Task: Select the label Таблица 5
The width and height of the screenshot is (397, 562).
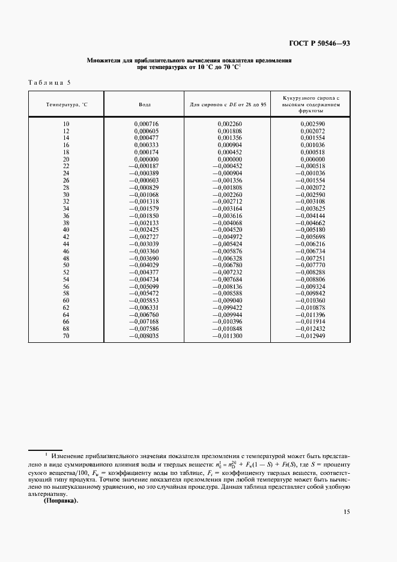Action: point(50,82)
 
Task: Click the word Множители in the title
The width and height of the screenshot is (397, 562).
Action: point(106,61)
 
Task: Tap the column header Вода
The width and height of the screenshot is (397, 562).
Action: point(145,104)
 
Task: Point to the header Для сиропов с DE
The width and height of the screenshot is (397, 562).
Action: point(228,104)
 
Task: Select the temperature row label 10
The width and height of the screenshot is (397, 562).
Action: point(66,124)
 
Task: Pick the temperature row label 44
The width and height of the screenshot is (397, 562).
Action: point(66,244)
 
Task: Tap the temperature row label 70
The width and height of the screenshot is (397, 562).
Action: point(66,336)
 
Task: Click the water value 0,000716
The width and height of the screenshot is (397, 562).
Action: point(145,124)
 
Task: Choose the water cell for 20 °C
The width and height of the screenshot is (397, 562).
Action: point(145,159)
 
